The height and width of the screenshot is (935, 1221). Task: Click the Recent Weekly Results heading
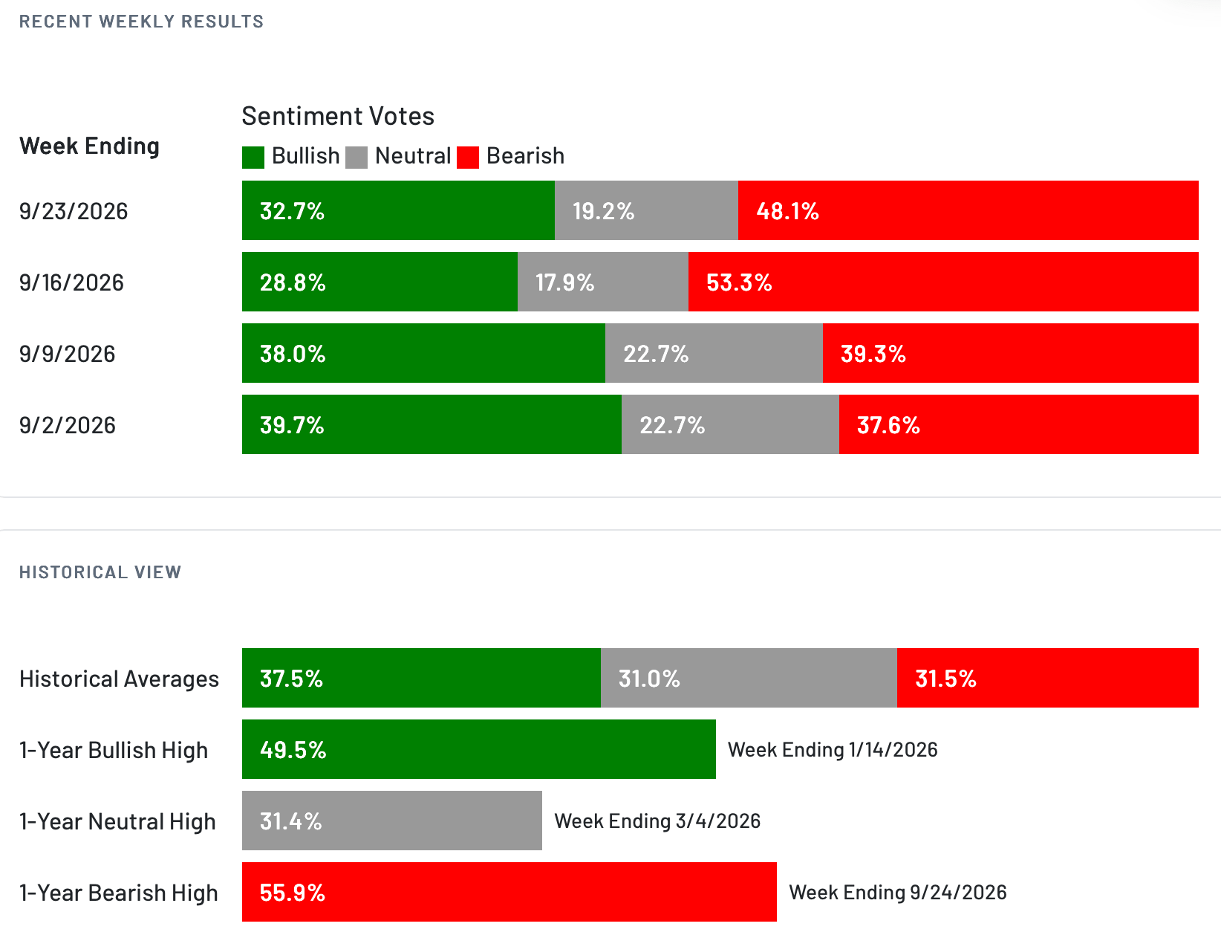pos(141,22)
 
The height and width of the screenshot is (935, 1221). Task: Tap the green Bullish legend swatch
pos(253,158)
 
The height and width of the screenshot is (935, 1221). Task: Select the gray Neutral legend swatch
pos(356,158)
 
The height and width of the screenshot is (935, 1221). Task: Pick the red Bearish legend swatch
pos(468,158)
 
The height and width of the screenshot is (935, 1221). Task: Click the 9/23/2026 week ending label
pos(74,212)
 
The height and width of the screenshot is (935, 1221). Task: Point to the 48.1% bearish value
pos(787,212)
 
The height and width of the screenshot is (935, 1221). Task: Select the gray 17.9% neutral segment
pos(603,282)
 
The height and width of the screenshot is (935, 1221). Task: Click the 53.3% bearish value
pos(739,282)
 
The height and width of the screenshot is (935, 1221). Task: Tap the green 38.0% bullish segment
pos(423,353)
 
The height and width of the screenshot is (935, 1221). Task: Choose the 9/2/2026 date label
pos(68,425)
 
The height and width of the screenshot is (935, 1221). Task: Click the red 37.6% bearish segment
pos(1018,424)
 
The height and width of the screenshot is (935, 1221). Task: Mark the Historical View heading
pos(100,572)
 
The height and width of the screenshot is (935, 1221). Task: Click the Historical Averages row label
pos(119,679)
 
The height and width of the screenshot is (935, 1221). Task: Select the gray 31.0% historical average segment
pos(749,678)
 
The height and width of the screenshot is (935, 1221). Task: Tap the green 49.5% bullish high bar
pos(479,749)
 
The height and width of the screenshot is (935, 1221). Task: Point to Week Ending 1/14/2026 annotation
pos(832,750)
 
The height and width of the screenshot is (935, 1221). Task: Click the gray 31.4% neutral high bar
pos(391,821)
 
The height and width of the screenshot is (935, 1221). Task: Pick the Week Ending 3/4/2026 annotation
pos(657,821)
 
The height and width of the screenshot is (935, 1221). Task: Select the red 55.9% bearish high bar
pos(509,892)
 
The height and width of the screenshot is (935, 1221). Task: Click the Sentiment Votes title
pos(338,117)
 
